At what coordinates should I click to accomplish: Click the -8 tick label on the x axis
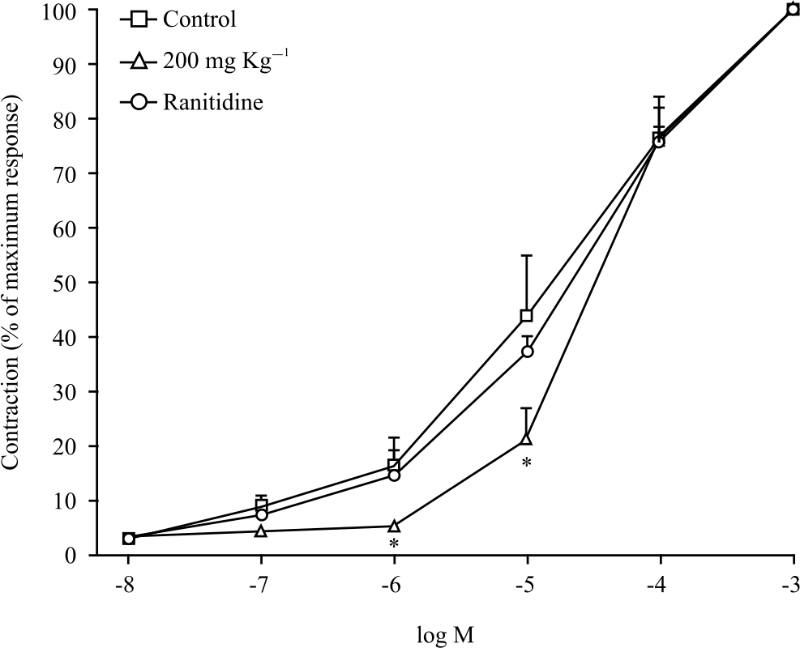[x=127, y=586]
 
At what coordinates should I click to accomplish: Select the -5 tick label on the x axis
[x=527, y=586]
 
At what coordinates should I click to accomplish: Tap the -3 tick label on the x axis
[x=792, y=586]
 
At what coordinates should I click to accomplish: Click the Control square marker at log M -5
[x=527, y=315]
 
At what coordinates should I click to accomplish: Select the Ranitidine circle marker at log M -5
[x=528, y=352]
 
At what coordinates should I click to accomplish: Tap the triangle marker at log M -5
[x=527, y=439]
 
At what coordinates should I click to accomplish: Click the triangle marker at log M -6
[x=394, y=526]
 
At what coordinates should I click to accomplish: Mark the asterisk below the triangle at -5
[x=527, y=463]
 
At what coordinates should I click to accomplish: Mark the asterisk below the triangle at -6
[x=394, y=544]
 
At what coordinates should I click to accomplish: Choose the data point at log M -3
[x=792, y=10]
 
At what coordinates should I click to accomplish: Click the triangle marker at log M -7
[x=261, y=531]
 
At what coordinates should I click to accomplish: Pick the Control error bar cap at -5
[x=527, y=256]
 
